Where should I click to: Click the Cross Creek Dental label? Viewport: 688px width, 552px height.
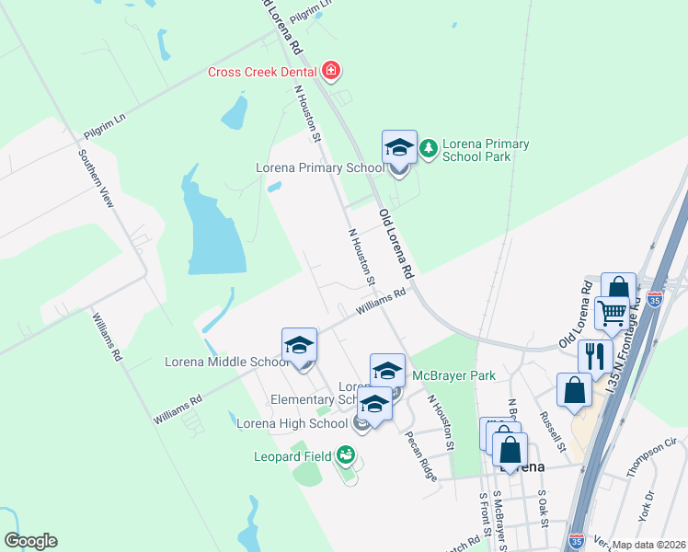coord(262,72)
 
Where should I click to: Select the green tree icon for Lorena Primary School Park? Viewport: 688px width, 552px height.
coord(428,147)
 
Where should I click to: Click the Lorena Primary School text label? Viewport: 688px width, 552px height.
coord(319,167)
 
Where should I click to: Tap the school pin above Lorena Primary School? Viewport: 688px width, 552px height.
coord(399,148)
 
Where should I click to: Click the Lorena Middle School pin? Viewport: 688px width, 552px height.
coord(300,347)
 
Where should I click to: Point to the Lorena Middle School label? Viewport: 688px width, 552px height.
coord(226,362)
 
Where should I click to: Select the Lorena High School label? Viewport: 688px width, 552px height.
coord(292,423)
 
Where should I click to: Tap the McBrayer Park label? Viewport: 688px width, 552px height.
coord(453,375)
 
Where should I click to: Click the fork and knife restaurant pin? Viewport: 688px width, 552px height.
coord(595,355)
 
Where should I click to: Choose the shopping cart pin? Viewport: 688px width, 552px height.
coord(612,313)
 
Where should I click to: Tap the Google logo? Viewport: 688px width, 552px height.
coord(30,541)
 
